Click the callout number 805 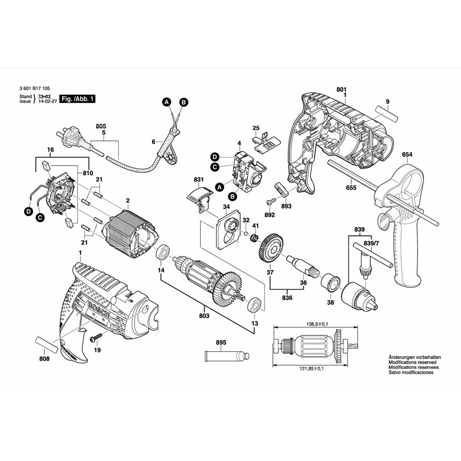(x=101, y=125)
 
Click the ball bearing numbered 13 (x=254, y=305)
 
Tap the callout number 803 (x=204, y=316)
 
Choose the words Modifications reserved (x=400, y=362)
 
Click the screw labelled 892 (x=272, y=202)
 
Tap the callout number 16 (x=51, y=150)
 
